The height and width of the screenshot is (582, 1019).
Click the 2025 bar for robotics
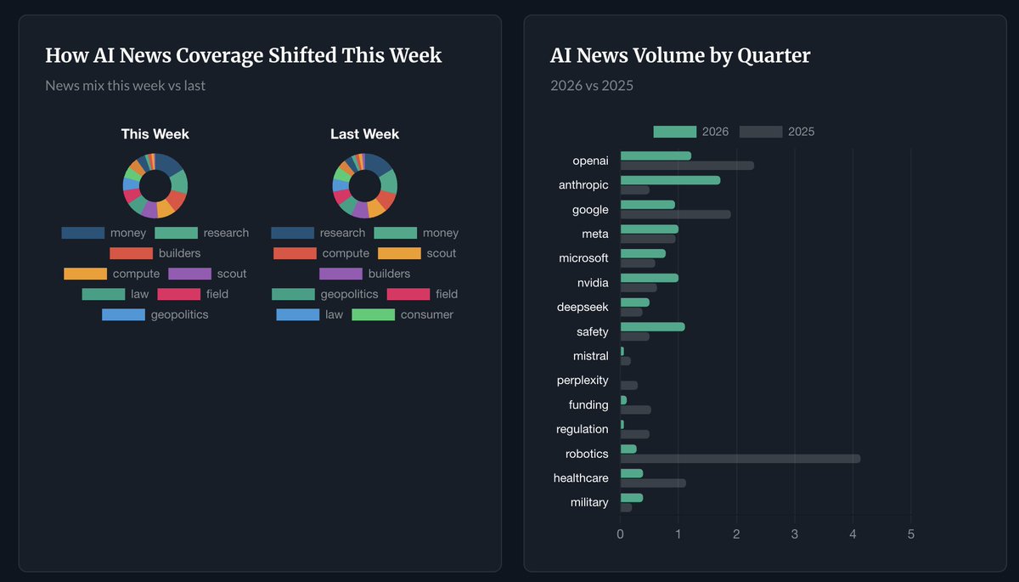740,459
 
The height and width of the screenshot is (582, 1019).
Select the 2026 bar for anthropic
670,180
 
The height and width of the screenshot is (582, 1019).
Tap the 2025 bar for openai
687,166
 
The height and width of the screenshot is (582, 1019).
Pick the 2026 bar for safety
652,327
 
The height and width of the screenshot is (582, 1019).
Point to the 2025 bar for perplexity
628,386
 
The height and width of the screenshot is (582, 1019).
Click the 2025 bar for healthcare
653,483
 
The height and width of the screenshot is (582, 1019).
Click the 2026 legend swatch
674,132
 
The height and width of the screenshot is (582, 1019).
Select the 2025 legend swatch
761,132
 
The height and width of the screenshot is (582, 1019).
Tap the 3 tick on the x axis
794,534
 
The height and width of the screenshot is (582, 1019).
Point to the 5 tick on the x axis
910,534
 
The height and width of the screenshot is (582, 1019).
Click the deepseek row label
583,308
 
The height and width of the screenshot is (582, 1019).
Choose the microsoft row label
583,258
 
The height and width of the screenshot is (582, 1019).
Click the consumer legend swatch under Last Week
373,314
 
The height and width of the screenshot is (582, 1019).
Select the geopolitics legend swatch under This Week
123,314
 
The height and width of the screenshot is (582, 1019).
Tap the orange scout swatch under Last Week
399,253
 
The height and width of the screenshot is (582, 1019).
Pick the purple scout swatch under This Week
189,274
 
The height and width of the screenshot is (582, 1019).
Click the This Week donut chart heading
155,134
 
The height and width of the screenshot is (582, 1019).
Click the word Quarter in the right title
774,56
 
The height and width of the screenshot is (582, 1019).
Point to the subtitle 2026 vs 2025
591,86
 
